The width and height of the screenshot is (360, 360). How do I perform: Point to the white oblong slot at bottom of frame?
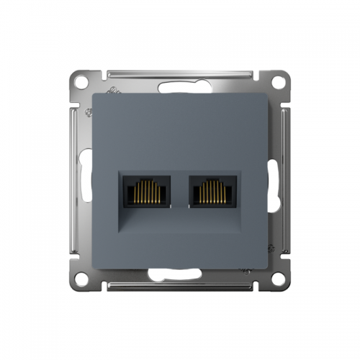pos(180,274)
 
